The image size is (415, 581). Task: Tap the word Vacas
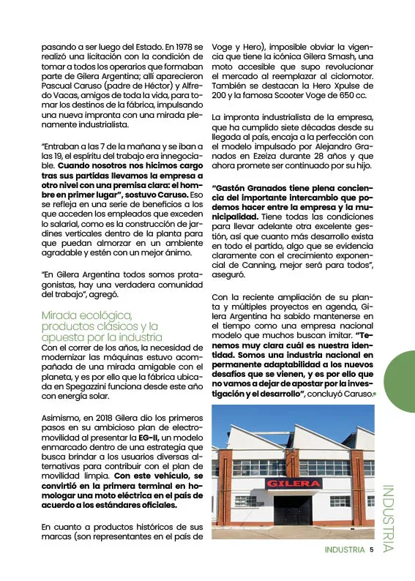[x=61, y=96]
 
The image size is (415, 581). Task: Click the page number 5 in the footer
[x=372, y=549]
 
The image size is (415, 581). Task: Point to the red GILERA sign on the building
[x=293, y=483]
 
